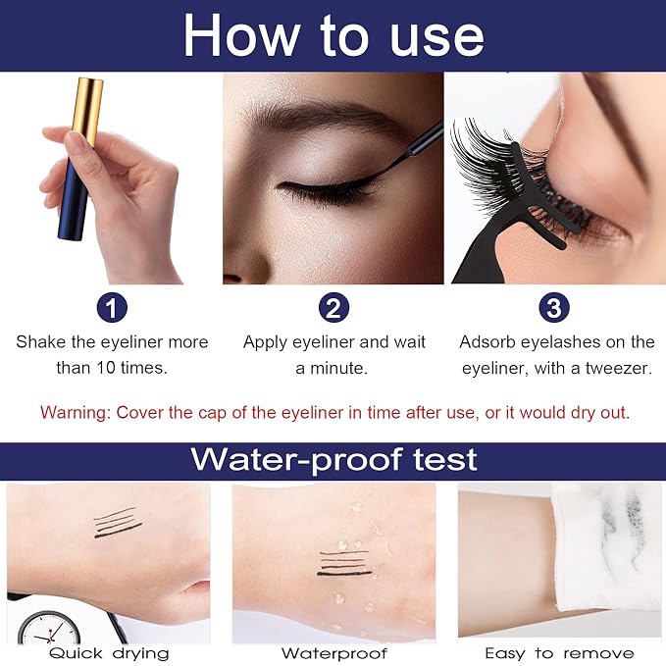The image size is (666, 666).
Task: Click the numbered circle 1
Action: click(112, 307)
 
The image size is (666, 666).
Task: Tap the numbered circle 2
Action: click(333, 307)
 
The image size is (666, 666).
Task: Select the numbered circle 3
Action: click(554, 307)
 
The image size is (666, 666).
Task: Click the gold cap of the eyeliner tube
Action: click(87, 111)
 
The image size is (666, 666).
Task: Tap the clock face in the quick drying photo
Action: click(49, 629)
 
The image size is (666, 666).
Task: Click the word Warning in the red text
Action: click(75, 412)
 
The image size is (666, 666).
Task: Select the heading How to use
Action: click(333, 35)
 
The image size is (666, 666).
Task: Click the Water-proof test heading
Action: click(333, 460)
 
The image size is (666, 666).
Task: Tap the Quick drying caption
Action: click(109, 653)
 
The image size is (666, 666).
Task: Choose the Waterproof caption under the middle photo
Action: click(334, 653)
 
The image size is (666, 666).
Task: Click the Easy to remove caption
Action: click(559, 653)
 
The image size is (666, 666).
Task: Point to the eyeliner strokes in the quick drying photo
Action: click(118, 523)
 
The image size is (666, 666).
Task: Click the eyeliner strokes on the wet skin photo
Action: click(345, 563)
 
